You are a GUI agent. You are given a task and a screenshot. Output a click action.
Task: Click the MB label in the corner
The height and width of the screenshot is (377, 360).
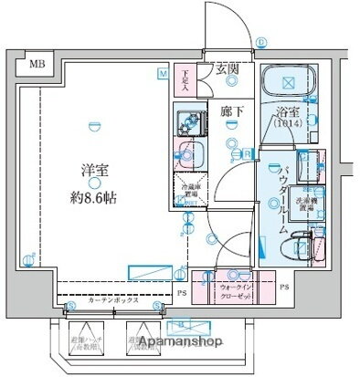click(37, 63)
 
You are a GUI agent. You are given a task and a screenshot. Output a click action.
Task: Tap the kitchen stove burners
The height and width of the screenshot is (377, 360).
click(192, 118)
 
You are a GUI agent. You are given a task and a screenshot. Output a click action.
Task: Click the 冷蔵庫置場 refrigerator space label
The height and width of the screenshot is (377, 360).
click(191, 194)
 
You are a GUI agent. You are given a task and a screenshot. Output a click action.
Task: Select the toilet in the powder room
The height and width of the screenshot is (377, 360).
click(302, 245)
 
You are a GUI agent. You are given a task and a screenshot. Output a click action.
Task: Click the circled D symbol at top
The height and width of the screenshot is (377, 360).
click(260, 41)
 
